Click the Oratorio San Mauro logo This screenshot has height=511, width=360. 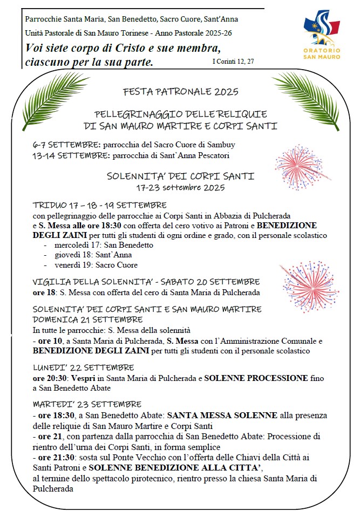pyautogui.click(x=322, y=35)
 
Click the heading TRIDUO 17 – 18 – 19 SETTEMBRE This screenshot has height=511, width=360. pyautogui.click(x=99, y=205)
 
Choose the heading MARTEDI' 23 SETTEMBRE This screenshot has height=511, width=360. pyautogui.click(x=87, y=404)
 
